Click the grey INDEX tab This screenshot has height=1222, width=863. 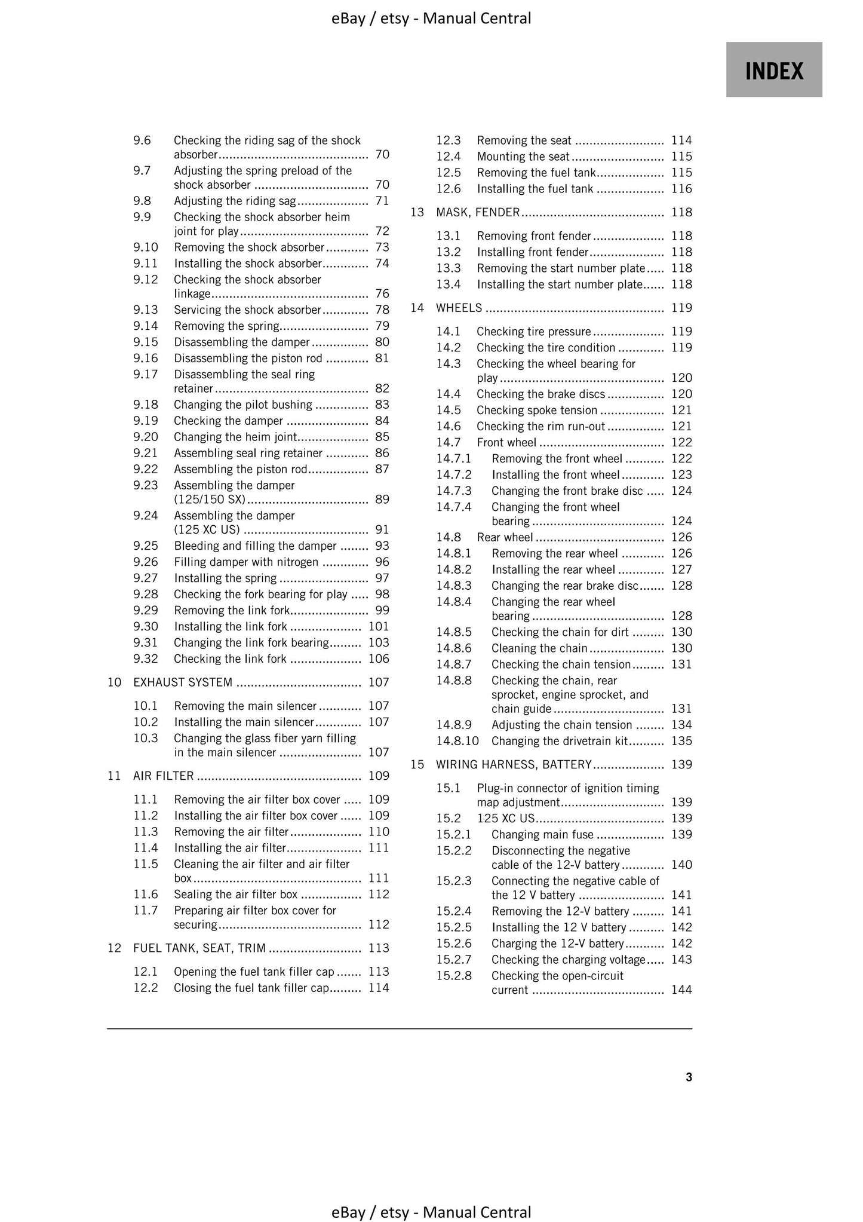(774, 70)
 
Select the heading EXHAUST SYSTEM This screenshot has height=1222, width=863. (183, 682)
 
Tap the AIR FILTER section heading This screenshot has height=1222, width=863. (163, 776)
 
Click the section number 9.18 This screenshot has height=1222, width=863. (145, 405)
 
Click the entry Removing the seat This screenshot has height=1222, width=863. (524, 141)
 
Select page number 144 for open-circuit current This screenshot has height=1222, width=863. (681, 990)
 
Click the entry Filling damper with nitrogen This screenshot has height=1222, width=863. (246, 562)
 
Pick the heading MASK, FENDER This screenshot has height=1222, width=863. (478, 213)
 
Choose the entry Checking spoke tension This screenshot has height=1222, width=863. (537, 411)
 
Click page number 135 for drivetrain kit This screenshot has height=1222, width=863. (681, 742)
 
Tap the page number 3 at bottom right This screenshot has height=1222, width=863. (689, 1077)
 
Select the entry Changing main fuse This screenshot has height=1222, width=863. (542, 835)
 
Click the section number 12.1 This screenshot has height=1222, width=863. (145, 972)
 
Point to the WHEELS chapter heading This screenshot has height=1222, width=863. (459, 308)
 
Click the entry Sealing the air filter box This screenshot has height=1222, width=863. (235, 895)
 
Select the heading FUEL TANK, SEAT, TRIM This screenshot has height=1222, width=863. (199, 948)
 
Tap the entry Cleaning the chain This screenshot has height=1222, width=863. (539, 648)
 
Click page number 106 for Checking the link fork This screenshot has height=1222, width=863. (379, 659)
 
